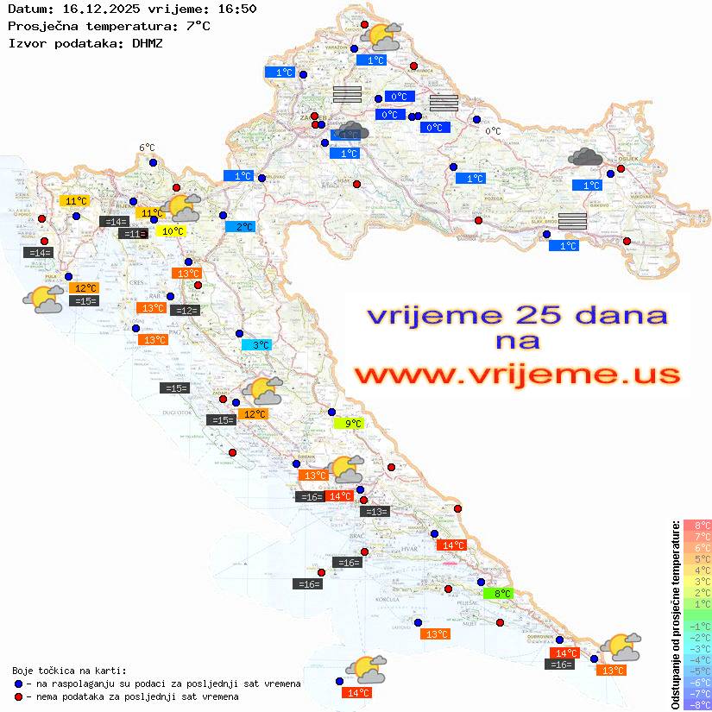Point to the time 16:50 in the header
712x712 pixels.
236,9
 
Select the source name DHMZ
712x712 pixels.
148,42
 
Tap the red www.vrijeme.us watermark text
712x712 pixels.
516,375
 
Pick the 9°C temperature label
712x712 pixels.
349,423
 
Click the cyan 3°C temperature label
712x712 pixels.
256,345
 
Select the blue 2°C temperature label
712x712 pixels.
240,227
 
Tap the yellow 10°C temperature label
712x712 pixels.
170,230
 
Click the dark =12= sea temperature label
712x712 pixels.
186,311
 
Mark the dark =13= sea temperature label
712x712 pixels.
375,512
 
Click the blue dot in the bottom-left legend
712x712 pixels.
19,684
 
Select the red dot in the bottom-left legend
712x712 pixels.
19,696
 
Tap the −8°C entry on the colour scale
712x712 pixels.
697,705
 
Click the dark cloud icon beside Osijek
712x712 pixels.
586,156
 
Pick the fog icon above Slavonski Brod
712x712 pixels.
572,220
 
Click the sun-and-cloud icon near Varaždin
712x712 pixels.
382,35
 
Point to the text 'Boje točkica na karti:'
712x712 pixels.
69,670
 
